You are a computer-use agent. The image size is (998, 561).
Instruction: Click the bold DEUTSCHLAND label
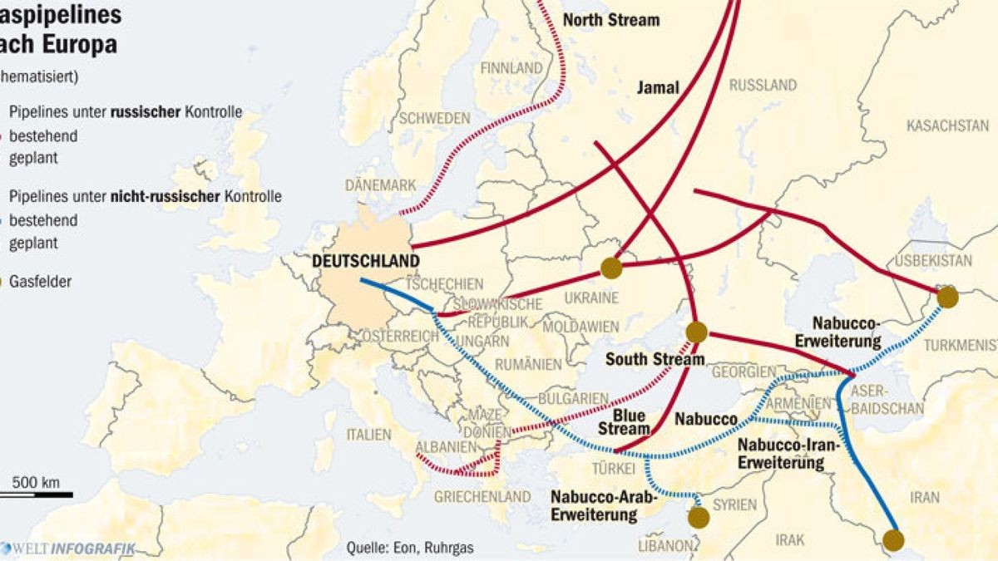pyautogui.click(x=365, y=261)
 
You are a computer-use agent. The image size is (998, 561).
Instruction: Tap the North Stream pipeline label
pyautogui.click(x=611, y=19)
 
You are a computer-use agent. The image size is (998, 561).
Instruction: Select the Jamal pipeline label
pyautogui.click(x=659, y=87)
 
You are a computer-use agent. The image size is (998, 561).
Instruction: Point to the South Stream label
pyautogui.click(x=655, y=360)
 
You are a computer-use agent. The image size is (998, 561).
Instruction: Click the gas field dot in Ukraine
pyautogui.click(x=611, y=268)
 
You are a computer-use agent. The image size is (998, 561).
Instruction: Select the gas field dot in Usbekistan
pyautogui.click(x=947, y=297)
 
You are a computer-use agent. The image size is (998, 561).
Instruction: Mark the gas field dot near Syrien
pyautogui.click(x=699, y=518)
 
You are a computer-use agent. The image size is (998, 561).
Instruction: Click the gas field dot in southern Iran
pyautogui.click(x=893, y=540)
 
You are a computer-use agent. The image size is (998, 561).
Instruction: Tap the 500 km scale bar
pyautogui.click(x=36, y=494)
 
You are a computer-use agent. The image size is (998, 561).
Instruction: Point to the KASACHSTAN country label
pyautogui.click(x=947, y=126)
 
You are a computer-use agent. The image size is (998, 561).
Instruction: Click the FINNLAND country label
pyautogui.click(x=511, y=67)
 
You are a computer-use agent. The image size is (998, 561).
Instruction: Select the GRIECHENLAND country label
pyautogui.click(x=482, y=496)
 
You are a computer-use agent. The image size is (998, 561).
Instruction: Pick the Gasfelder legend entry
pyautogui.click(x=38, y=282)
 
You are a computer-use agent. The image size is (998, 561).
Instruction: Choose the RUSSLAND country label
pyautogui.click(x=763, y=85)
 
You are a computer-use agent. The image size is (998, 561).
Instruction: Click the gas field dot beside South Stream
pyautogui.click(x=696, y=332)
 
